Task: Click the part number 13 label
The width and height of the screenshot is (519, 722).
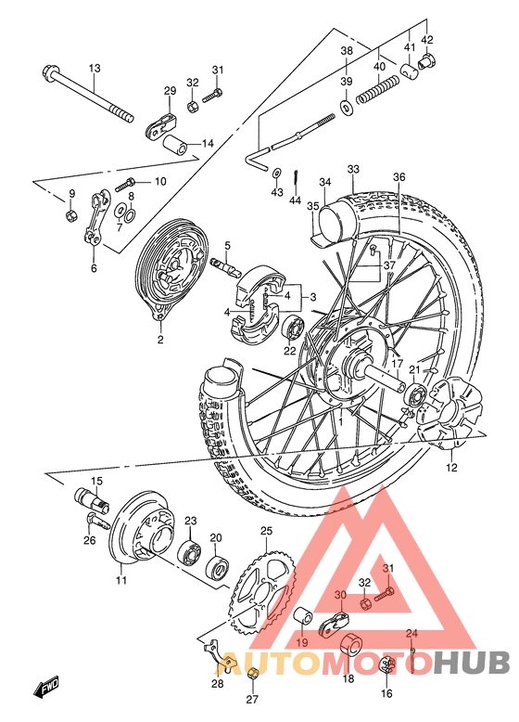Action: [94, 69]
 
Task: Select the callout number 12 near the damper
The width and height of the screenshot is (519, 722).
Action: [451, 468]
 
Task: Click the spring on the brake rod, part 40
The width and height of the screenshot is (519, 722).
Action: [381, 89]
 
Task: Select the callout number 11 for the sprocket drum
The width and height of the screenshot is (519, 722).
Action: [120, 581]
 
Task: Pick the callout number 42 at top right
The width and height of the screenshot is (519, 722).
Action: [427, 40]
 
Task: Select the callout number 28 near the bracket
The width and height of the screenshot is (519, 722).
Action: [217, 684]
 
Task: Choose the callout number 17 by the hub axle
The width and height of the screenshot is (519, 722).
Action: [396, 365]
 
